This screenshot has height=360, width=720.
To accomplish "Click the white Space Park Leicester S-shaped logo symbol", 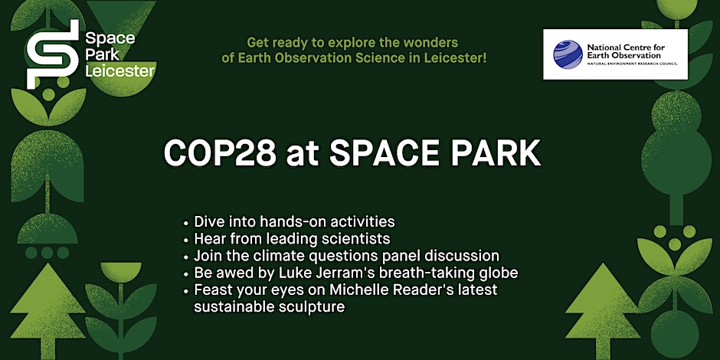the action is coord(53,54).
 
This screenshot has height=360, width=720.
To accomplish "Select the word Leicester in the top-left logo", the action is coord(120,71).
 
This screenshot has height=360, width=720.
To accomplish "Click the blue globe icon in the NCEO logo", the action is coord(568,54).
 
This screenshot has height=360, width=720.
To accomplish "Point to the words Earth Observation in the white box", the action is coord(624,55).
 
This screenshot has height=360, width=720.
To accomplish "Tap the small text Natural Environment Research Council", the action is coord(632,63).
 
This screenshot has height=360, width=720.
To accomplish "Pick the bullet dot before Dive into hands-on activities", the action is coord(185,223).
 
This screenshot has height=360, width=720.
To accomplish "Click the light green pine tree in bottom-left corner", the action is coord(47,311).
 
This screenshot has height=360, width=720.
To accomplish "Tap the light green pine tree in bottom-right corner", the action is coord(601,311).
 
